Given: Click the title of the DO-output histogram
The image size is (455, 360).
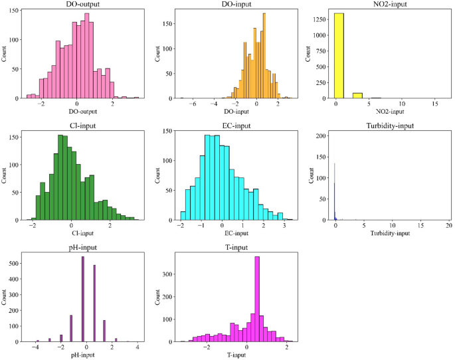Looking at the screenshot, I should pyautogui.click(x=76, y=5).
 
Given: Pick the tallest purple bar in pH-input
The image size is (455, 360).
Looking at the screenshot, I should pyautogui.click(x=82, y=299).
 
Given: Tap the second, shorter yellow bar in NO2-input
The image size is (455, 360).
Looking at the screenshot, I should pyautogui.click(x=357, y=95).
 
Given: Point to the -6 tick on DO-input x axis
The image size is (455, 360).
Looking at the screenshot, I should pyautogui.click(x=193, y=104).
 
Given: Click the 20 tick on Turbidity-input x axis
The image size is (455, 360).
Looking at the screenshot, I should pyautogui.click(x=448, y=226).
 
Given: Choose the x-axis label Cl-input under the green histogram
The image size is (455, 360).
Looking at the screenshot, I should pyautogui.click(x=76, y=234).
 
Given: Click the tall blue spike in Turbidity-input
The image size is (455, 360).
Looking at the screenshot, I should pyautogui.click(x=335, y=193).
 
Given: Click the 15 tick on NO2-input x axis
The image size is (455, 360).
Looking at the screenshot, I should pyautogui.click(x=434, y=104).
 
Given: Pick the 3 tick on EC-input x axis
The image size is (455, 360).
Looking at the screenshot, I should pyautogui.click(x=284, y=226).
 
